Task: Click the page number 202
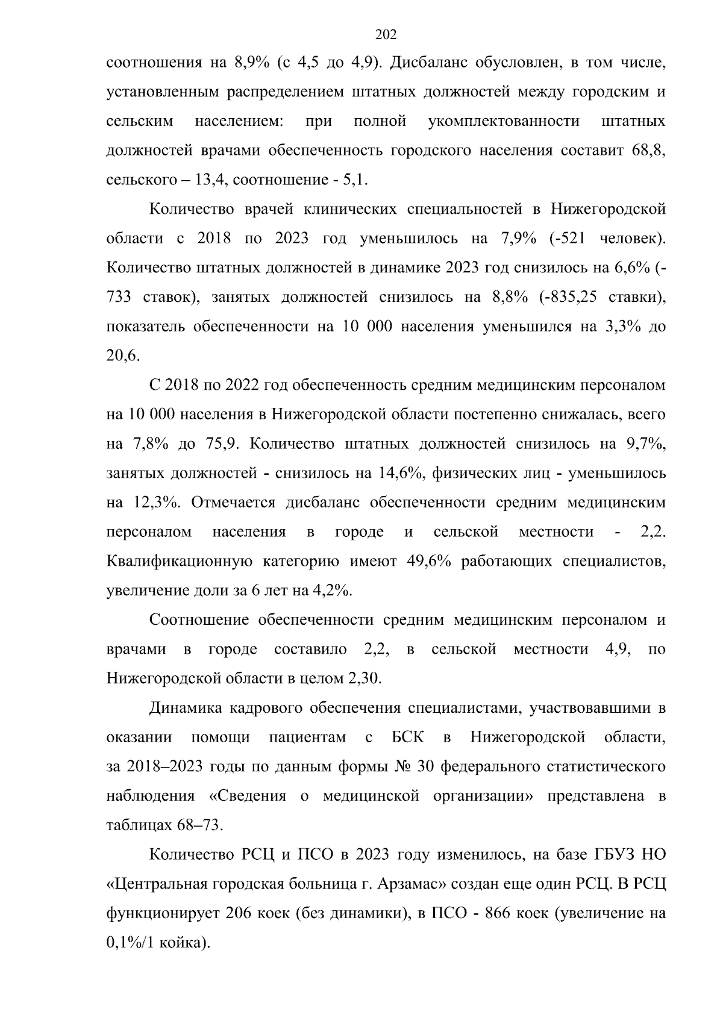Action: (386, 35)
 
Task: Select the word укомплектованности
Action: (504, 122)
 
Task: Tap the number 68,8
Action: (648, 151)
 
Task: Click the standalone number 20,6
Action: (123, 356)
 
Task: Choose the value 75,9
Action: (217, 444)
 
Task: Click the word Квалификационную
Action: (179, 562)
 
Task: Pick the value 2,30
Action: (363, 679)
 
